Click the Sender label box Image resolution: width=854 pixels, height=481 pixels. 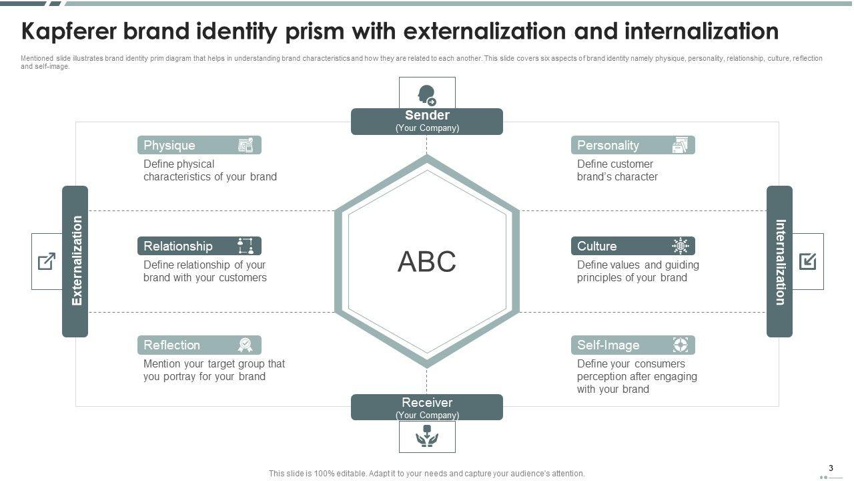[427, 121]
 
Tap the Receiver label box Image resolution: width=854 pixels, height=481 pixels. [427, 407]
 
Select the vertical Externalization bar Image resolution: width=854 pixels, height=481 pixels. [75, 261]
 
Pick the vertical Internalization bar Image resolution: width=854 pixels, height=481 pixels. [779, 261]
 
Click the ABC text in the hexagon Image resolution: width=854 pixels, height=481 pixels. [427, 262]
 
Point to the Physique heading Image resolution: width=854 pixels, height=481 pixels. [169, 145]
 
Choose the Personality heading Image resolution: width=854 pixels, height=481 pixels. [608, 145]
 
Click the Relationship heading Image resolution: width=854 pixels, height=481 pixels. [178, 246]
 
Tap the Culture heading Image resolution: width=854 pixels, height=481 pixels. [596, 246]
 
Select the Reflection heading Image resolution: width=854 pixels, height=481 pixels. [172, 345]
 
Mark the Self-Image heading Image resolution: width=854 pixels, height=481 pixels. [608, 345]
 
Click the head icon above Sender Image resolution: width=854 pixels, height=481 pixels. [427, 94]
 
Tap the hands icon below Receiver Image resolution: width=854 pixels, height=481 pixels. [427, 436]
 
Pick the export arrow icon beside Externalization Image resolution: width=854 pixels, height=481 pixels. [47, 261]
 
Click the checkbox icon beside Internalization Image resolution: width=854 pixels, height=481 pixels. [807, 261]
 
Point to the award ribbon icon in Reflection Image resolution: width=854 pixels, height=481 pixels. [246, 345]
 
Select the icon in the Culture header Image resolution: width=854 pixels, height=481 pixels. [680, 246]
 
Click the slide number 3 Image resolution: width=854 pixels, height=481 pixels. [831, 468]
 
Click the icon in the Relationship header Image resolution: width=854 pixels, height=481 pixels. [246, 246]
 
